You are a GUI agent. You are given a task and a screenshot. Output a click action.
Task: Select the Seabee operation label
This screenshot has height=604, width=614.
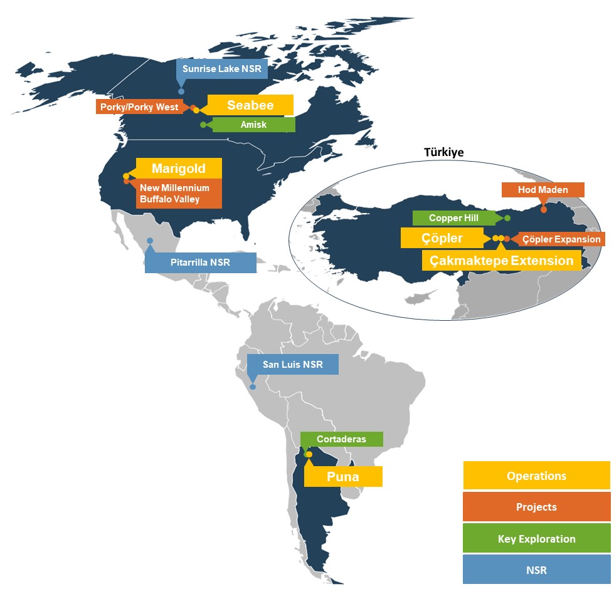coord(250,105)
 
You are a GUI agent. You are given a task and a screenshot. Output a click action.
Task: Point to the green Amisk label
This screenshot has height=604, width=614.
coord(253,125)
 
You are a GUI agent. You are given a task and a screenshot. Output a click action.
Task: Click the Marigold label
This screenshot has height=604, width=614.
coord(179,169)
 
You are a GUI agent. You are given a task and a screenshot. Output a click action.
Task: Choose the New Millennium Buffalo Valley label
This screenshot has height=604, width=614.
coord(174,194)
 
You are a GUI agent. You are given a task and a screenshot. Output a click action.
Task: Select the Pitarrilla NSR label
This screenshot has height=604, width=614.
coord(200,263)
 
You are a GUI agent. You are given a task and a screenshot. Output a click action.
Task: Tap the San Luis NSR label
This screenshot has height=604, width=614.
coord(292,364)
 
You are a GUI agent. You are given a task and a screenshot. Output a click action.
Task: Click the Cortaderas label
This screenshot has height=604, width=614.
coord(341,439)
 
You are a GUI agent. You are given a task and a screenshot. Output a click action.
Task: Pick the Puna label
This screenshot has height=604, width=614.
coord(343,477)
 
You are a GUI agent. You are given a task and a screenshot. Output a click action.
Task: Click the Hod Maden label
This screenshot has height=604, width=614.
coord(543,190)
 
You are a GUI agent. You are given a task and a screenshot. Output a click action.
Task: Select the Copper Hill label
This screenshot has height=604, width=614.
coord(453,218)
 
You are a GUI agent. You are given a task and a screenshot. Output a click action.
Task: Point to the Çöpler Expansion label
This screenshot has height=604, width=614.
coord(561,239)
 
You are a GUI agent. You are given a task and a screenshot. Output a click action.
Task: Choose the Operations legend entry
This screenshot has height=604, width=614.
coord(536,476)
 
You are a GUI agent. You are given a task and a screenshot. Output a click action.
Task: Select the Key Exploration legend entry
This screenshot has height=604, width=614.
coord(536,539)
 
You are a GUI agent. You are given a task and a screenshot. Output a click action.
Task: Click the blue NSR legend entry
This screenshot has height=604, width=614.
coord(536,570)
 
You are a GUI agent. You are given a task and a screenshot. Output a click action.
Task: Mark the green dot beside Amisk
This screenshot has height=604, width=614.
coord(203,125)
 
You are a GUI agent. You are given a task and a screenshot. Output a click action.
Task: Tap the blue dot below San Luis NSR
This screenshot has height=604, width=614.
coord(253,387)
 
